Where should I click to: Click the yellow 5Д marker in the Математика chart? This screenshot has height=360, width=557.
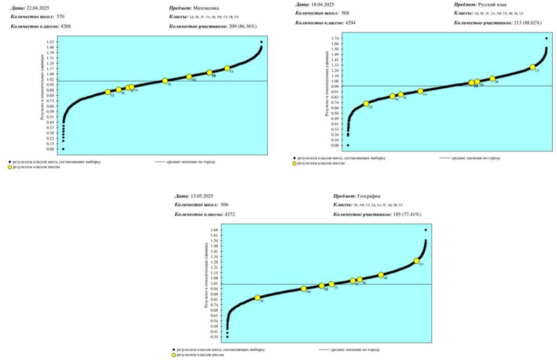(108, 92)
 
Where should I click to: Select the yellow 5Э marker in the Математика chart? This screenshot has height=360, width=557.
(227, 68)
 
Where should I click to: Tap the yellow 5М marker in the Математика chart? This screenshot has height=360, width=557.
(189, 77)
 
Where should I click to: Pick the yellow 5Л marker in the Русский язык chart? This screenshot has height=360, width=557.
(533, 67)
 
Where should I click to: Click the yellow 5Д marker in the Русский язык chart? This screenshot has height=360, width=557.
(366, 104)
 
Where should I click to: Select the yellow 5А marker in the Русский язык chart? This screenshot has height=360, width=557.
(420, 91)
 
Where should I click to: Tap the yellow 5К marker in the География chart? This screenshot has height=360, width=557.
(258, 298)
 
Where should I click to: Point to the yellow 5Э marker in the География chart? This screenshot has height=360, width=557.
(417, 261)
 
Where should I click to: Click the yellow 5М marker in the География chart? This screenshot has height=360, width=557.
(304, 289)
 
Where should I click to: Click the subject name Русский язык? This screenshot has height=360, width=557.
(494, 4)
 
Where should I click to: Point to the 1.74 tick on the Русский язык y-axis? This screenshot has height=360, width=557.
(335, 38)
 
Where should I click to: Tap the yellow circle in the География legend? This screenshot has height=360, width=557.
(174, 355)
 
